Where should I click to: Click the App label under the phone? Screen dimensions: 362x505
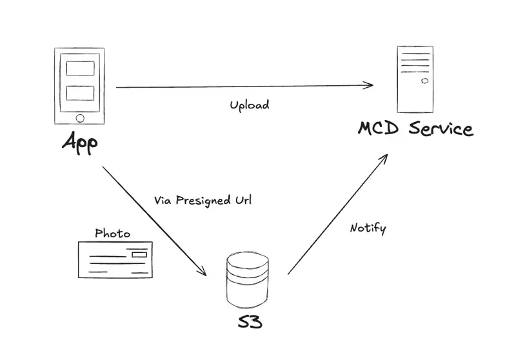point(80,142)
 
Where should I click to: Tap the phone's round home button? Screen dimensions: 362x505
point(80,117)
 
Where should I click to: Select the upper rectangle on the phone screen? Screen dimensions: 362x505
point(80,68)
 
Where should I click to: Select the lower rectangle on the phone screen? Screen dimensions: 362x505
point(80,93)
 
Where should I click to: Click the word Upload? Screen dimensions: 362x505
point(250,105)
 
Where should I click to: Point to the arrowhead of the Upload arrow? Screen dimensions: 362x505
point(371,85)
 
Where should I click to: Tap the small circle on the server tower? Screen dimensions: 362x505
point(424,81)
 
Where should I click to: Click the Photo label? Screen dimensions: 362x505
point(113,233)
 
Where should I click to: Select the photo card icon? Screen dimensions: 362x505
point(115,259)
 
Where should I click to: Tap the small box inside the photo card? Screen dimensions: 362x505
point(139,255)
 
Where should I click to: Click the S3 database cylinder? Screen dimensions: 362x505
point(248,281)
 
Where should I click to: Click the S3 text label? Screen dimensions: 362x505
point(249,321)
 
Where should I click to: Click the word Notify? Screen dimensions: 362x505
point(368,228)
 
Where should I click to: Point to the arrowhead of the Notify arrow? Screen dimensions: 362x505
point(385,157)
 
